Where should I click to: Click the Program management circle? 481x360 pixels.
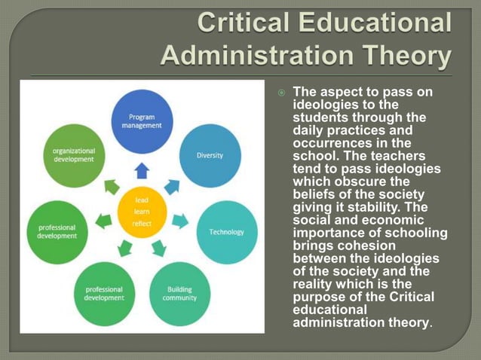[142, 121]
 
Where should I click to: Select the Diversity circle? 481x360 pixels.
[210, 156]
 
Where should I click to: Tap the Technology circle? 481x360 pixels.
[226, 232]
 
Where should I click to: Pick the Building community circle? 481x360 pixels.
[179, 293]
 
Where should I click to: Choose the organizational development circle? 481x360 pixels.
[73, 156]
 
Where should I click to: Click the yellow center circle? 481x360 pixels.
[142, 212]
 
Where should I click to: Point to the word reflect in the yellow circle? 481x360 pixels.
[142, 224]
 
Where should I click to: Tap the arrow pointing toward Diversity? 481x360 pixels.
[172, 186]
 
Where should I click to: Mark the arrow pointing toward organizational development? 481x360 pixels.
[112, 186]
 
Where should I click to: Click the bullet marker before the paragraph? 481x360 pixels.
[281, 93]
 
